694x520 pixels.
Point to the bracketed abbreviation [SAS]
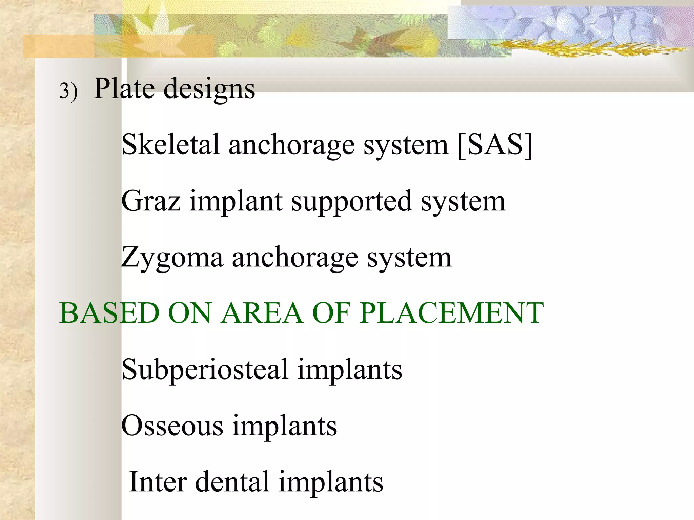495,145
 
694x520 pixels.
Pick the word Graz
151,201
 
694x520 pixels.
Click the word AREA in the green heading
262,313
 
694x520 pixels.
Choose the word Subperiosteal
205,370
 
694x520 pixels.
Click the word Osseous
172,426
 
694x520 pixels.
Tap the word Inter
158,481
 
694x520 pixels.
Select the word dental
232,481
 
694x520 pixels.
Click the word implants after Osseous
285,426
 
